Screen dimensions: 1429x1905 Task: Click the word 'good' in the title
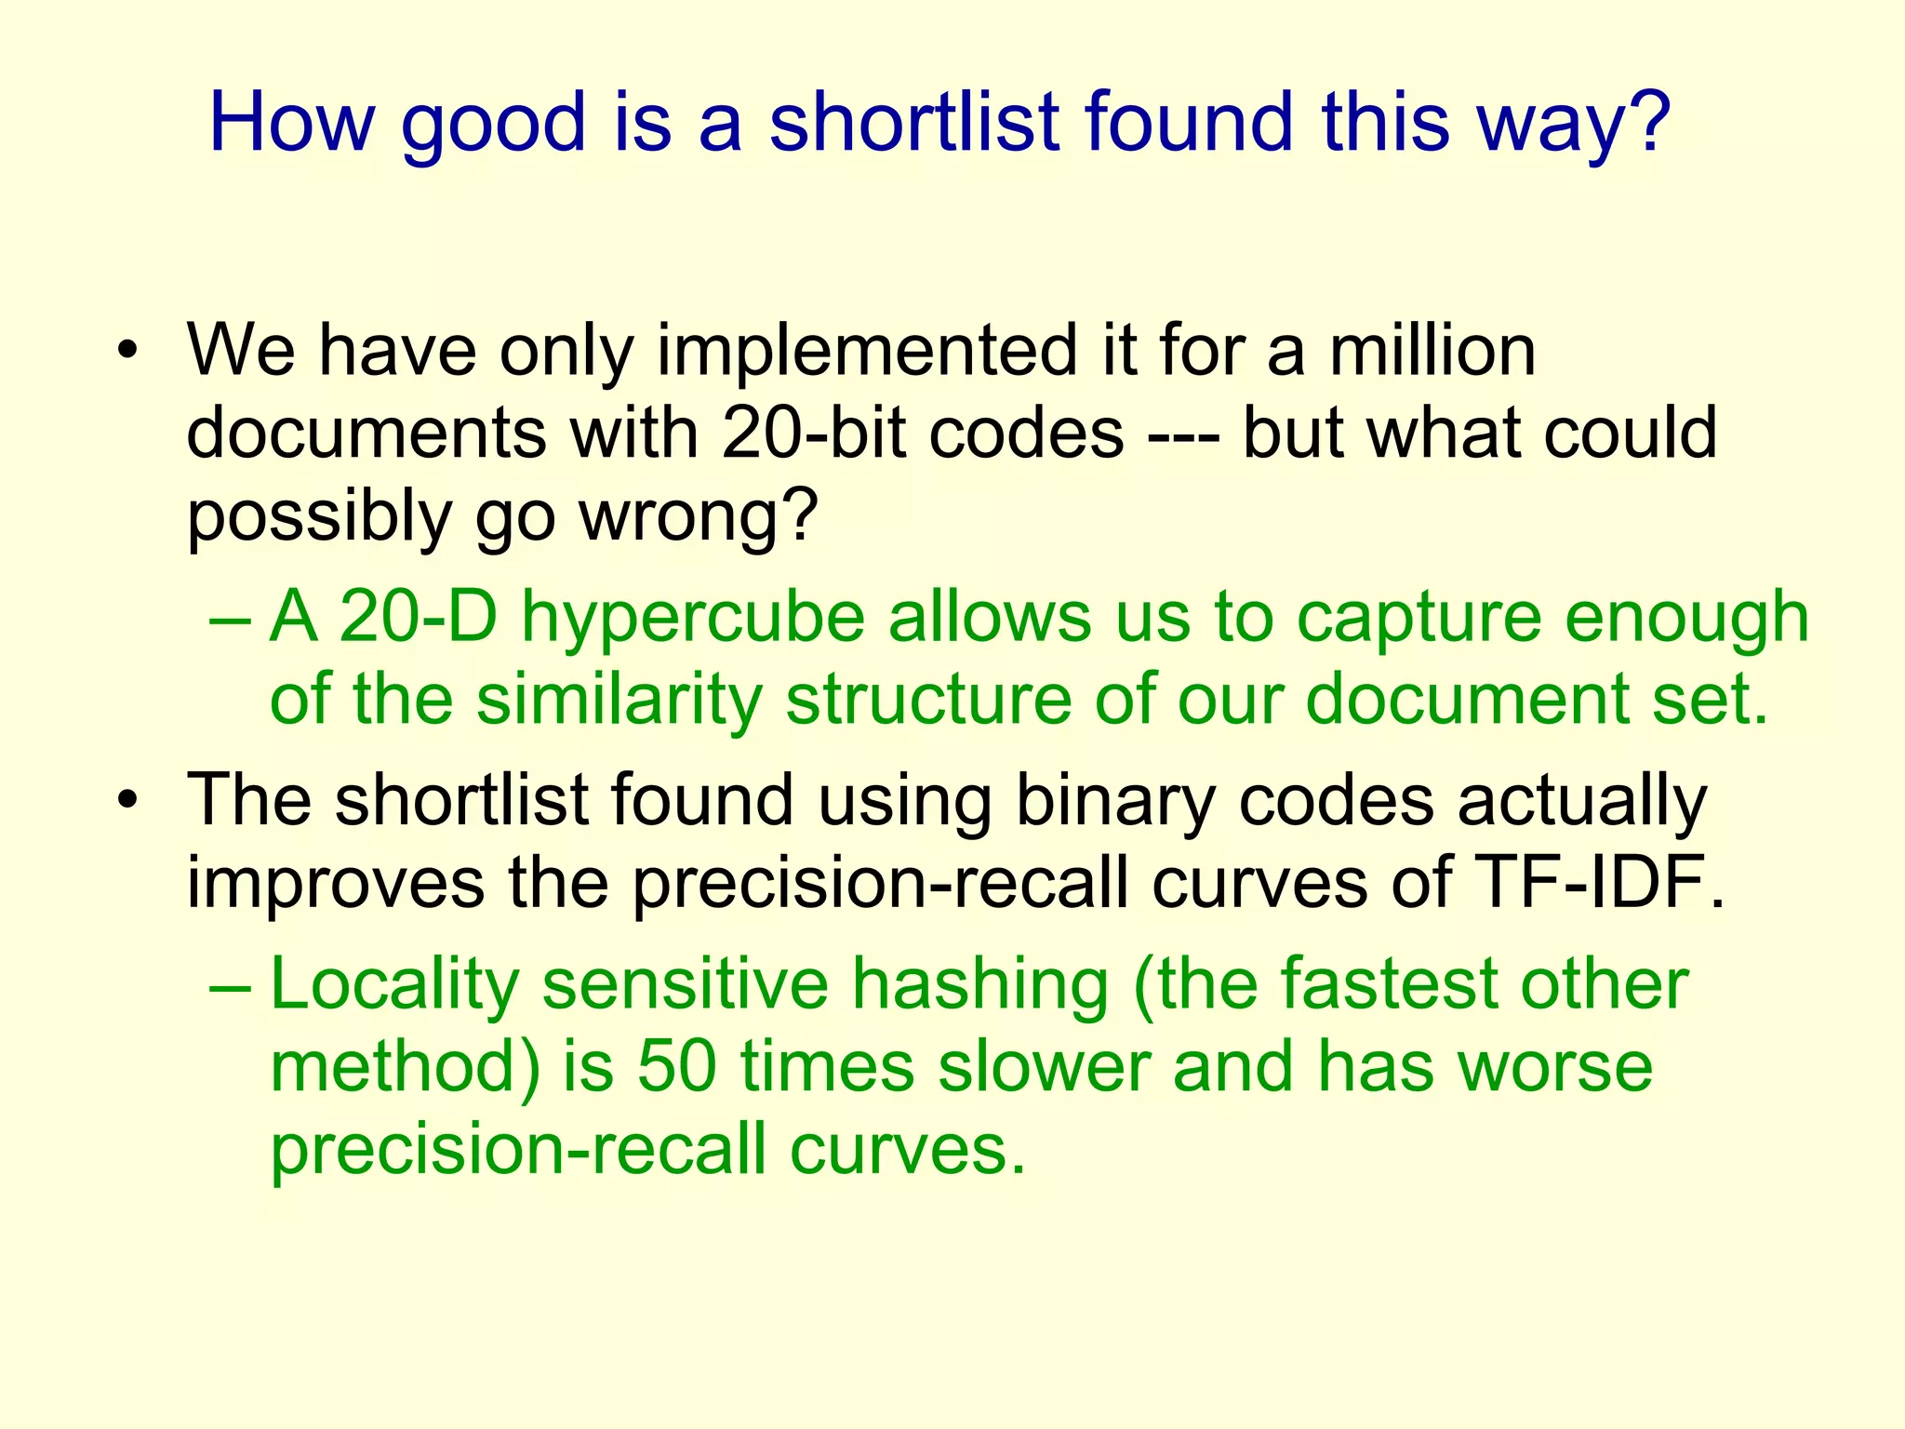pos(493,125)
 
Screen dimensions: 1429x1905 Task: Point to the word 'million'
pos(1432,352)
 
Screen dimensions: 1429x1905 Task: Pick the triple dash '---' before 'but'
pos(1183,434)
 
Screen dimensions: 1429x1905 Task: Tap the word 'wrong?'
pos(699,516)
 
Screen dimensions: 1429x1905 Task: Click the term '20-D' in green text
pos(418,617)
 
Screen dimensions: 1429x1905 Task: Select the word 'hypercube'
pos(693,617)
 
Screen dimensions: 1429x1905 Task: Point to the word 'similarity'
pos(619,699)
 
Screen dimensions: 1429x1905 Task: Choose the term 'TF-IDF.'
pos(1600,882)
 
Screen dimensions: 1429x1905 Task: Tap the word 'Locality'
pos(394,984)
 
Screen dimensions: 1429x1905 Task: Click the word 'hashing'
pos(980,984)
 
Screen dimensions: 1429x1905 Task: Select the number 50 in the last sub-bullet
pos(676,1067)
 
